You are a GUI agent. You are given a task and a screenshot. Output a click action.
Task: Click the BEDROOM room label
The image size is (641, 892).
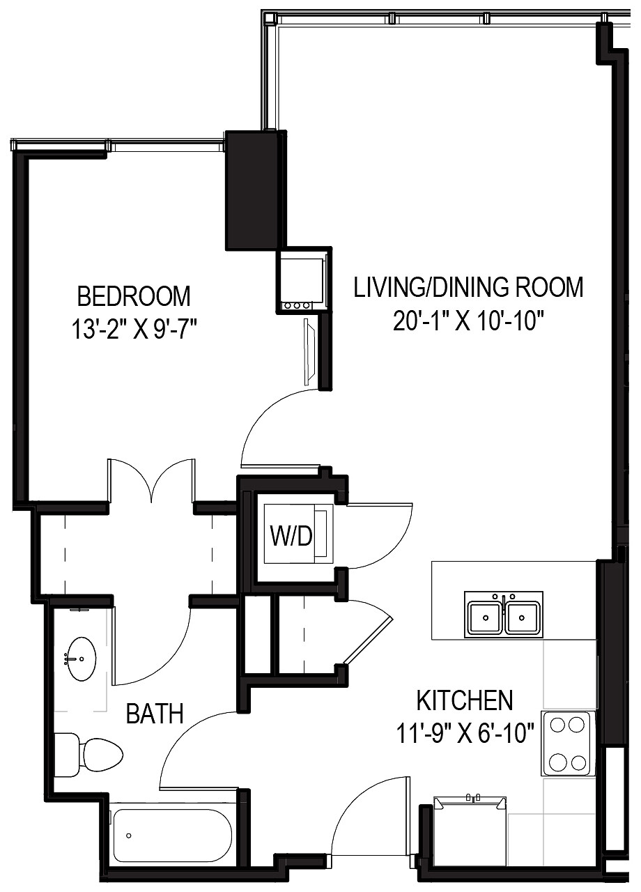pos(133,296)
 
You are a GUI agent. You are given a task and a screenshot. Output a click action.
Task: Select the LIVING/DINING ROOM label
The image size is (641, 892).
pos(468,287)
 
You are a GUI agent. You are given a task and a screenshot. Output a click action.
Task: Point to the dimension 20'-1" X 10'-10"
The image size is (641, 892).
pos(468,323)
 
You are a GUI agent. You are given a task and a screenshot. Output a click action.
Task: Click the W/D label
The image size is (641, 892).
pos(291,537)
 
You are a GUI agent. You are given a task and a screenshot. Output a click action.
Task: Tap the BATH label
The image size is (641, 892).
pos(155,713)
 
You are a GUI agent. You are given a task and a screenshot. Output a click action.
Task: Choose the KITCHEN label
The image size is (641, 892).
pos(464,699)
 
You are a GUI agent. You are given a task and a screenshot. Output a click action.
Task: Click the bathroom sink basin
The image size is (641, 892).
pos(82,658)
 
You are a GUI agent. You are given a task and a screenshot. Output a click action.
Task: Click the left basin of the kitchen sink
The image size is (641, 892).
pos(486,617)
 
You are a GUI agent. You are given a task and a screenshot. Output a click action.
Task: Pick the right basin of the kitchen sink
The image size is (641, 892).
pos(523,617)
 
